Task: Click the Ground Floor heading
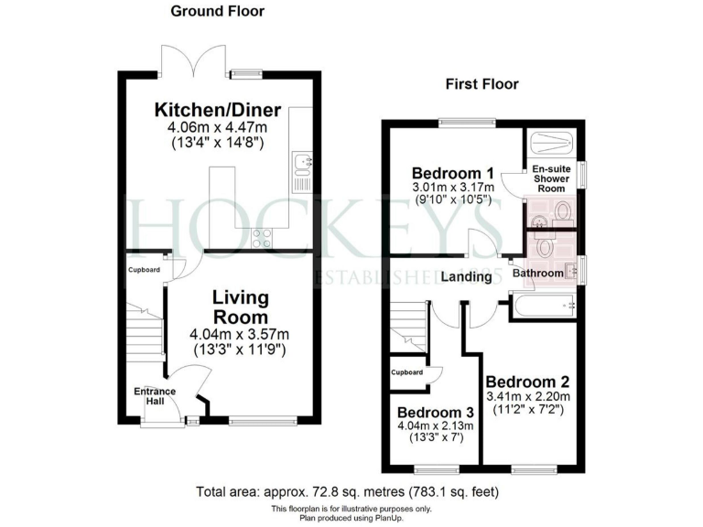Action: (217, 12)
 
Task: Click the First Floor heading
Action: (481, 84)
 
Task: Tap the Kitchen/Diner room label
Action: (217, 110)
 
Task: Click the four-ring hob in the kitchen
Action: (262, 238)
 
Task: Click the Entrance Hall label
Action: (155, 396)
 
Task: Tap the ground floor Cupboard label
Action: (144, 270)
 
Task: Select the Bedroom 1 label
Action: (452, 174)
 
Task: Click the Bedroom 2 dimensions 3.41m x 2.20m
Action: (528, 397)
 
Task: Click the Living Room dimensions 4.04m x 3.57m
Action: (240, 334)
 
